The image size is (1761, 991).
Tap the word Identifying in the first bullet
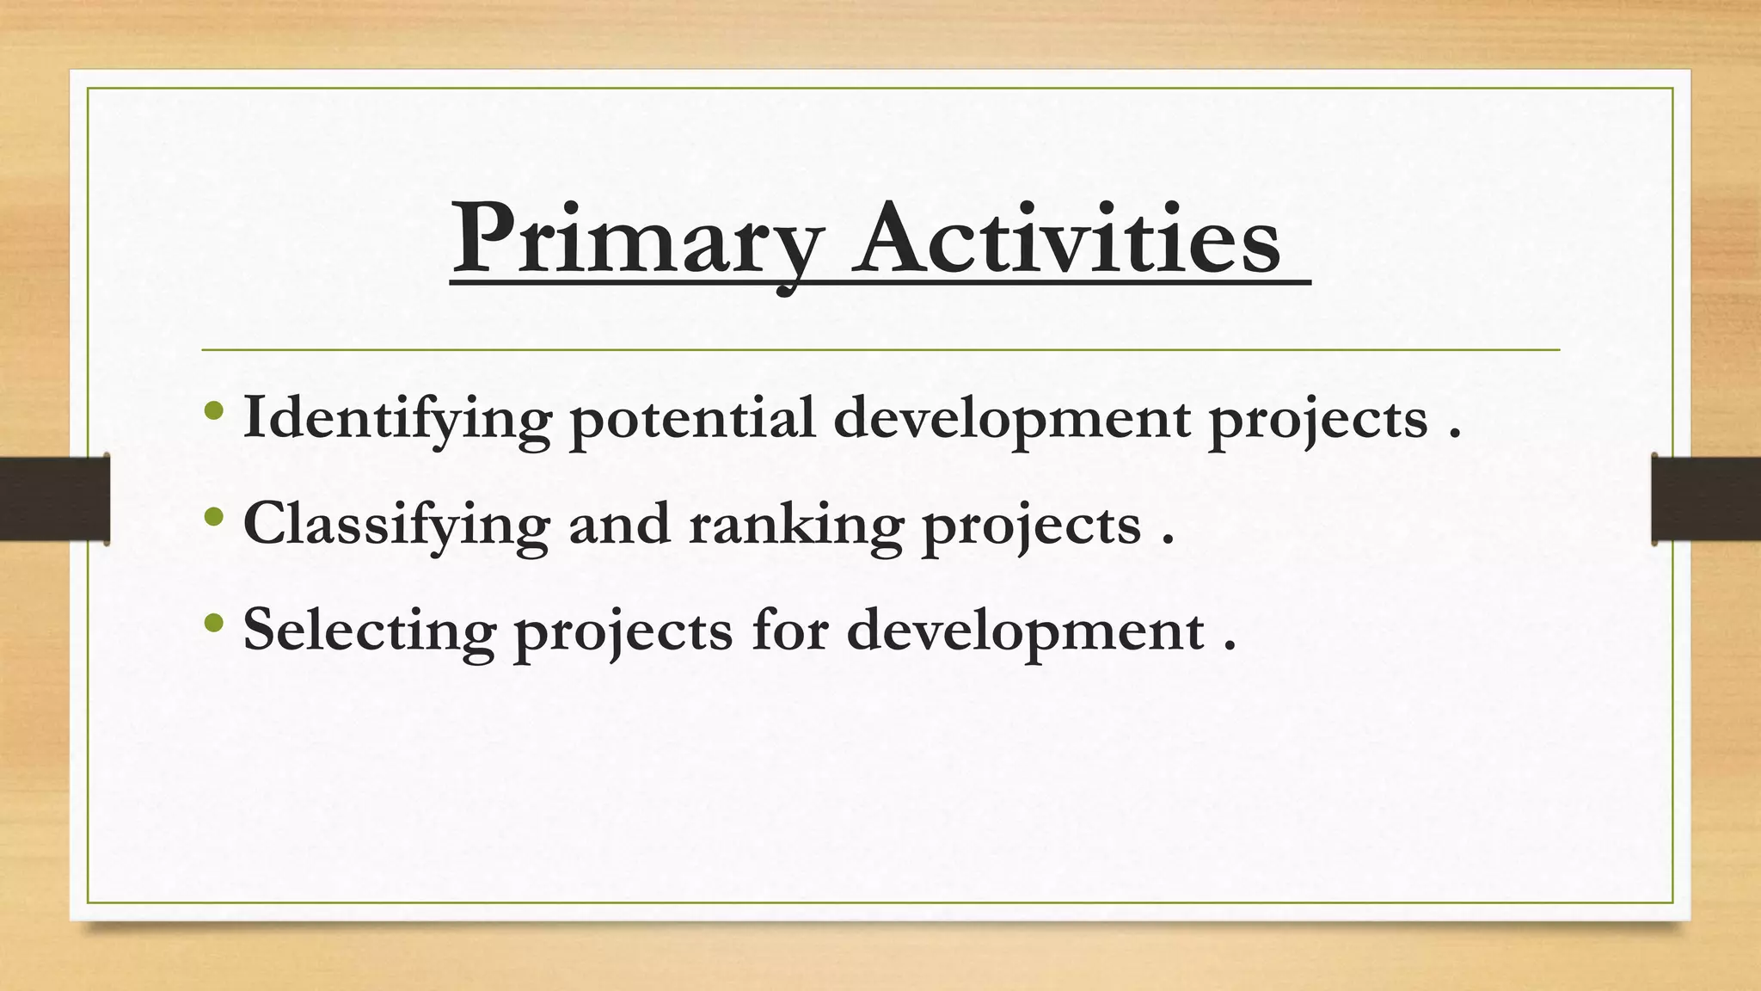(396, 419)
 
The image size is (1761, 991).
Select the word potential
(692, 419)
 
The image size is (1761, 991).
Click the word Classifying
(396, 525)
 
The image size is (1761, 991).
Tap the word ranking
(795, 525)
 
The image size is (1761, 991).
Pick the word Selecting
(370, 631)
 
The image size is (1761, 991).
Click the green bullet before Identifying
(215, 410)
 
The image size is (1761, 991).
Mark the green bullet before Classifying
(215, 516)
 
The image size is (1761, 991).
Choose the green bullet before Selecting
(215, 622)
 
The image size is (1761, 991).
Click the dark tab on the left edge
(54, 499)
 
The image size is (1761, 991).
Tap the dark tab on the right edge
(1706, 499)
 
